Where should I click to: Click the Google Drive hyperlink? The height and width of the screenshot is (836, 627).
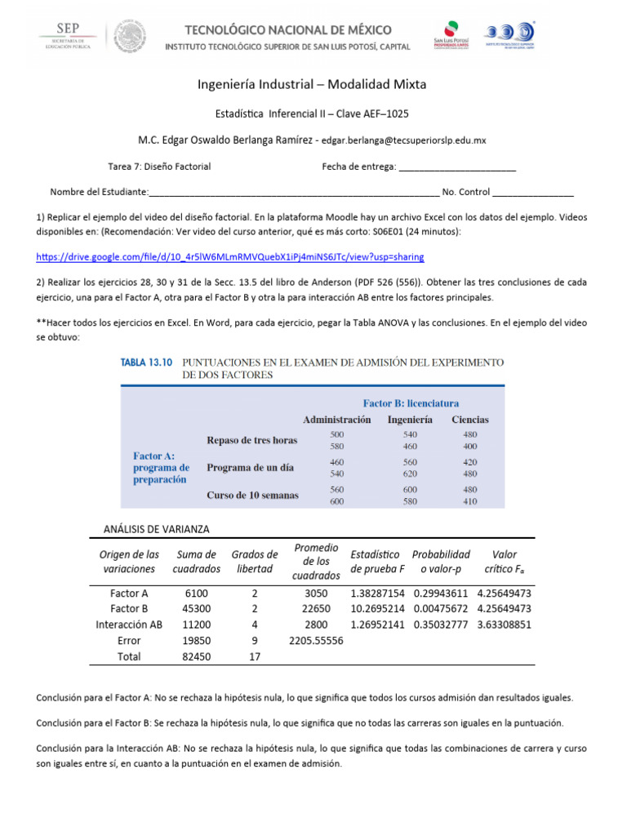pos(230,256)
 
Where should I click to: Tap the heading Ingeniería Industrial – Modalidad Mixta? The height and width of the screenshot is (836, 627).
pos(313,84)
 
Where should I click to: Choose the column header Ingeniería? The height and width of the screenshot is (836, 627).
pos(410,420)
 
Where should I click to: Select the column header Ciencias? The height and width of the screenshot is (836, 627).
pos(470,420)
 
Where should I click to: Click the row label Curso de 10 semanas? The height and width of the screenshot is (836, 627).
pos(252,496)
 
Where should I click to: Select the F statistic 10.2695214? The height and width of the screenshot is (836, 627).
pos(377,609)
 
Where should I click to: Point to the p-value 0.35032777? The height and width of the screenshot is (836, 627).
pos(441,625)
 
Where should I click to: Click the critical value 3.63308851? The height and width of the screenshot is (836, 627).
pos(505,625)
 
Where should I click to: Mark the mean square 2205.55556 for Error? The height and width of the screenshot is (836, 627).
pos(316,641)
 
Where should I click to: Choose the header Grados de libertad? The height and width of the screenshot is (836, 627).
pos(255,562)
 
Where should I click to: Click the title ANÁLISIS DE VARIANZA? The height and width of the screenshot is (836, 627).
pos(157,528)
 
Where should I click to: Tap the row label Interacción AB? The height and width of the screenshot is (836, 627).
pos(129,625)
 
